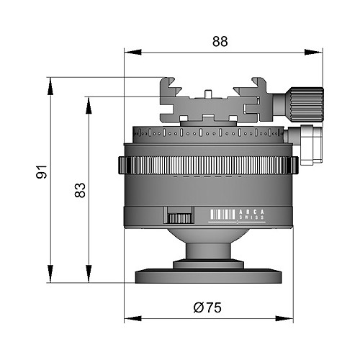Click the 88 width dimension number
[220, 42]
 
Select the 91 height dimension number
[42, 172]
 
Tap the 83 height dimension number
[80, 190]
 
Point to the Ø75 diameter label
[207, 307]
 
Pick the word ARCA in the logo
[252, 212]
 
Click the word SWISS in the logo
[252, 217]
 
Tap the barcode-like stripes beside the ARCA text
[222, 215]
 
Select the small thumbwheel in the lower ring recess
[180, 218]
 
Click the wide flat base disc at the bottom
[208, 276]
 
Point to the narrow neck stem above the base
[208, 251]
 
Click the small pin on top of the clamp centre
[208, 94]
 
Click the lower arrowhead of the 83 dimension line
[89, 274]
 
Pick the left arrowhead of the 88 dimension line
[133, 52]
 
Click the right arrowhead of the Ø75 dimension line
[284, 319]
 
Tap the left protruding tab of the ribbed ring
[122, 165]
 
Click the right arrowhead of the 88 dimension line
[313, 52]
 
